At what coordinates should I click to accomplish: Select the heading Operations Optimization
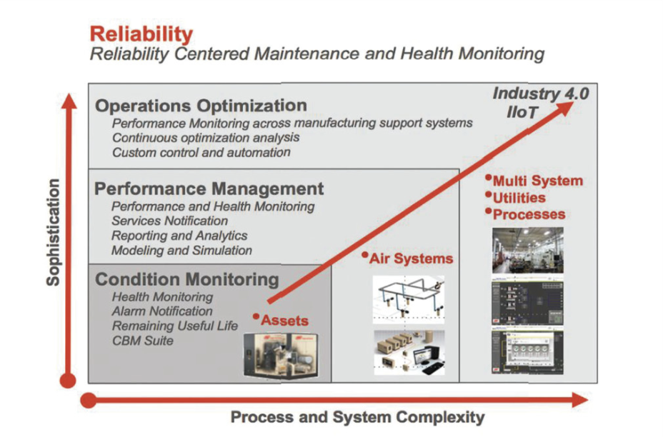coord(201,106)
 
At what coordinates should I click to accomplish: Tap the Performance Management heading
coord(209,189)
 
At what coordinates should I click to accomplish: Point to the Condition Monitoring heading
coord(187,280)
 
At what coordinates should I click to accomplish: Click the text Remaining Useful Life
coord(174,326)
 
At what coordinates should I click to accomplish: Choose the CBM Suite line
coord(143,341)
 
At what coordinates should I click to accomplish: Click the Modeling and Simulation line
coord(181,251)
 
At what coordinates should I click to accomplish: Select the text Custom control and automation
coord(201,153)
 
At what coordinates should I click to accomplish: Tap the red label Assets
coord(284,321)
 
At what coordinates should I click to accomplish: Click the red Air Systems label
coord(411,258)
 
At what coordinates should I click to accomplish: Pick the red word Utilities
coord(519,198)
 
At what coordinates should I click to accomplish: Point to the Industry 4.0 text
coord(541,94)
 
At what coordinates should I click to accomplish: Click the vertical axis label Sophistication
coord(54,233)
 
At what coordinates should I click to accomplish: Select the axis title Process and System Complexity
coord(358,418)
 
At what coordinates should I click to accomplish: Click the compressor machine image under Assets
coord(281,356)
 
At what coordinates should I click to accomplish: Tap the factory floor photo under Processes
coord(528,250)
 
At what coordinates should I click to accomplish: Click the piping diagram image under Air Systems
coord(409,300)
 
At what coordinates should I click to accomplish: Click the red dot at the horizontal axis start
coord(89,401)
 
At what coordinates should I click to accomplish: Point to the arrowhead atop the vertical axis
coord(69,101)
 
